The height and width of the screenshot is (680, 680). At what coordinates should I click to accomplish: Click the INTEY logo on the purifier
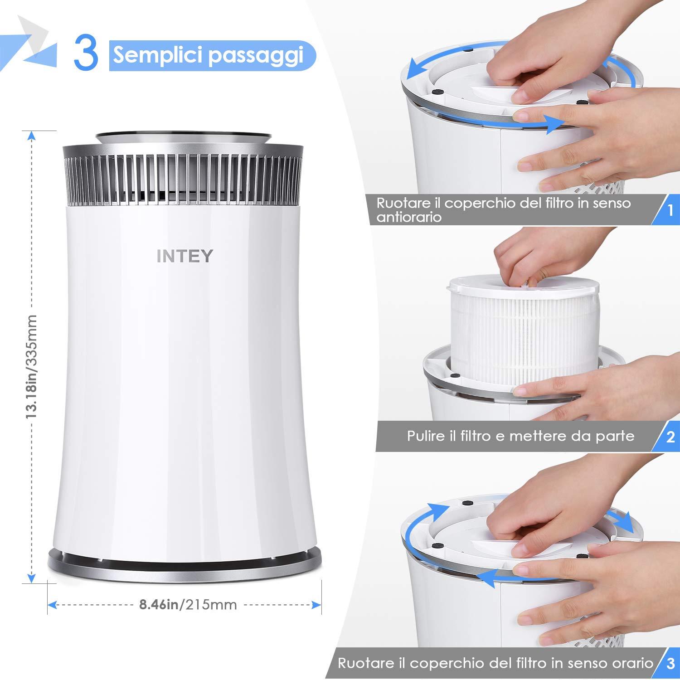pyautogui.click(x=185, y=256)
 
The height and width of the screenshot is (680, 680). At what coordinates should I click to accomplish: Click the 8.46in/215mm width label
pyautogui.click(x=188, y=604)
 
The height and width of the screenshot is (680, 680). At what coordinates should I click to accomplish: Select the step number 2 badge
pyautogui.click(x=670, y=437)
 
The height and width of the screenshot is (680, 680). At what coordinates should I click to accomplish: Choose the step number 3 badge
pyautogui.click(x=670, y=665)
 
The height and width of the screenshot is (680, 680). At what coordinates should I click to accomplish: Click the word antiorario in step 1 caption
pyautogui.click(x=409, y=217)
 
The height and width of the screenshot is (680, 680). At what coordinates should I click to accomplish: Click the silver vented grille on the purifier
pyautogui.click(x=183, y=179)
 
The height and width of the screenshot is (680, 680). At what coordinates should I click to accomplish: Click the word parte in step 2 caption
pyautogui.click(x=614, y=436)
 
